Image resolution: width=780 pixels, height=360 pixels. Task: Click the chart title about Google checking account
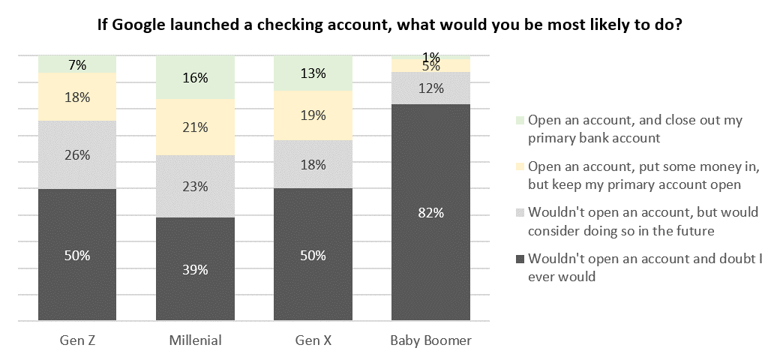[389, 24]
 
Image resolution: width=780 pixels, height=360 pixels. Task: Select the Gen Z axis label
[77, 340]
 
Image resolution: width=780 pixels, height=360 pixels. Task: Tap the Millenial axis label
[195, 340]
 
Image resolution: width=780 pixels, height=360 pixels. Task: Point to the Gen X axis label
[313, 340]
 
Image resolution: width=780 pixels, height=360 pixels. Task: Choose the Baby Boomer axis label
[430, 340]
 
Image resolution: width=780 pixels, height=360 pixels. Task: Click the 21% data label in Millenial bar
[195, 127]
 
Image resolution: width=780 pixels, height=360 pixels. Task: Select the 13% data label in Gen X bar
[313, 73]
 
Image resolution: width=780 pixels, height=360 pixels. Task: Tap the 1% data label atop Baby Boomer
[431, 57]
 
